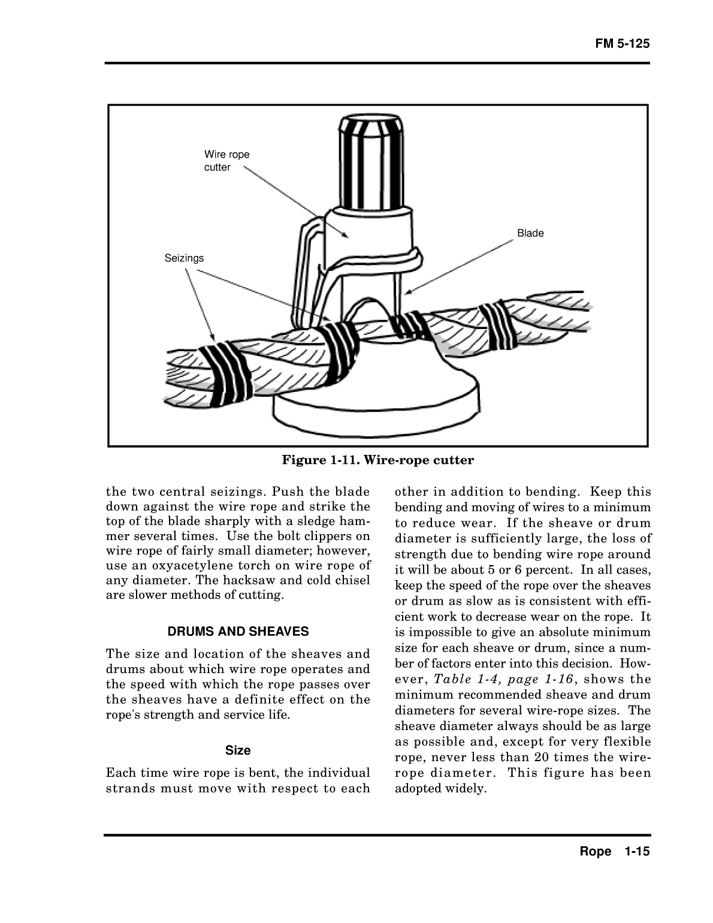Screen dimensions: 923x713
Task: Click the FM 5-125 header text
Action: (622, 44)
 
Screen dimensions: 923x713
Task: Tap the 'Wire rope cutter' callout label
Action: (226, 161)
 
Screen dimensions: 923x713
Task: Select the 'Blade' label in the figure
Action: (530, 233)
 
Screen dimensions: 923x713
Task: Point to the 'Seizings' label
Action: (184, 258)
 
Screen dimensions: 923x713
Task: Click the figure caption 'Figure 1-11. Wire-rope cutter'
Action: (378, 460)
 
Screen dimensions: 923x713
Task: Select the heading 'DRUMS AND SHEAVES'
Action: (238, 631)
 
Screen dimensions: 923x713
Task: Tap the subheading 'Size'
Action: (238, 750)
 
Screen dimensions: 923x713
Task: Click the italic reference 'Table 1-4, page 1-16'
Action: (504, 679)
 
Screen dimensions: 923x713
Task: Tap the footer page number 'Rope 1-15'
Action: (614, 852)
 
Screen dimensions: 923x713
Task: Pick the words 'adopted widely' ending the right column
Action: (440, 788)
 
